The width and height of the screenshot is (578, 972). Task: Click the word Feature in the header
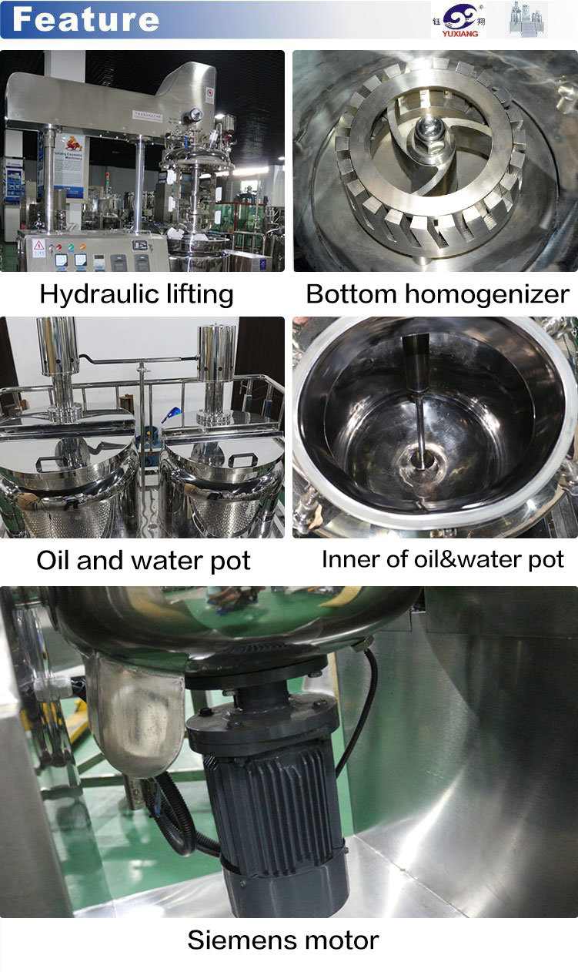pos(85,18)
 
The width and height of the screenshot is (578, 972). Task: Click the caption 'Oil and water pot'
pos(143,560)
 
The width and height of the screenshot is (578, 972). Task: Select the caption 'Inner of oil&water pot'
pos(443,559)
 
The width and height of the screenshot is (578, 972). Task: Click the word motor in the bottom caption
pos(342,940)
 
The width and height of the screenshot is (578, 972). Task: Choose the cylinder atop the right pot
pos(216,354)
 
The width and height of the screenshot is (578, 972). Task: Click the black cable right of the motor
pos(367,709)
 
